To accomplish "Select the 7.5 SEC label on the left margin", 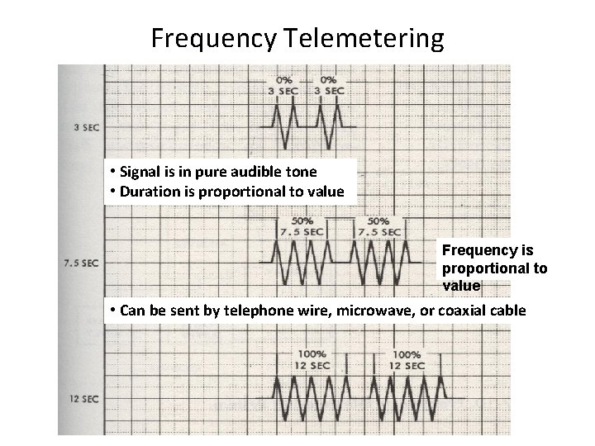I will (81, 263).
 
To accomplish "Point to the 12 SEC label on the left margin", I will (83, 399).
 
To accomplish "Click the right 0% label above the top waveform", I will (328, 79).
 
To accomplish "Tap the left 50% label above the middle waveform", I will (302, 221).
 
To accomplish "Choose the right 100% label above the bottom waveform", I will (405, 354).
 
